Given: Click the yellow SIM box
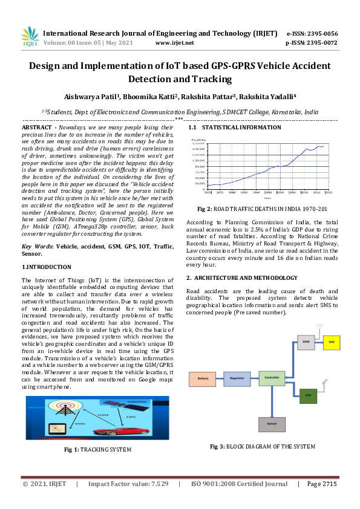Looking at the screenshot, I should [x=331, y=342].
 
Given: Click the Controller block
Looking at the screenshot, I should [x=272, y=379].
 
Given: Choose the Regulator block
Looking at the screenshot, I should [x=237, y=379].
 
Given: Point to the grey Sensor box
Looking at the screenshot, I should [x=272, y=424].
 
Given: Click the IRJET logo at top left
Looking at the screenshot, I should [x=30, y=37].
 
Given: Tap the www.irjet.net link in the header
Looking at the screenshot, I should [x=174, y=43].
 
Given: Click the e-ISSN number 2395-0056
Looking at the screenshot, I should [x=321, y=33].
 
